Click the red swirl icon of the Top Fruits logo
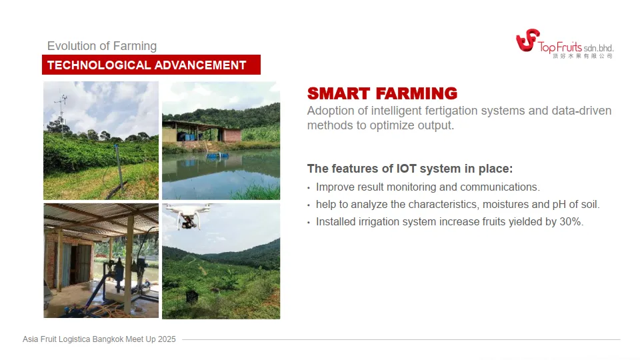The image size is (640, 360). (527, 40)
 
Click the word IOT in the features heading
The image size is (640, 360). (407, 169)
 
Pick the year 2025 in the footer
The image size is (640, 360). (167, 339)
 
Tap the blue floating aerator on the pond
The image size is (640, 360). (216, 155)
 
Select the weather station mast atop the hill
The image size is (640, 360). (61, 114)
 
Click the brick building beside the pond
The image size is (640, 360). (232, 134)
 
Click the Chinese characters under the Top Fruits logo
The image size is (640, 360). (583, 56)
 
